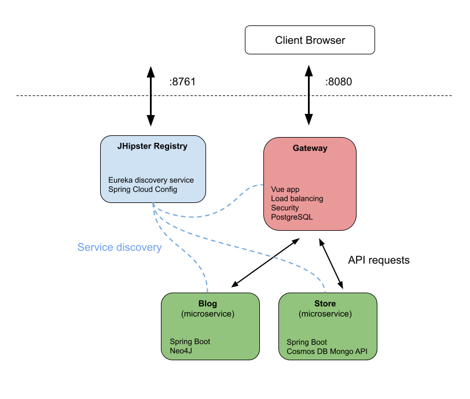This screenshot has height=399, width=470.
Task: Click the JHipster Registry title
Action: pyautogui.click(x=152, y=146)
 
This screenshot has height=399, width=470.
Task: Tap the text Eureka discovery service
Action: pyautogui.click(x=150, y=180)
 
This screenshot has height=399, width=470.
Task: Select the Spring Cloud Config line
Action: pyautogui.click(x=142, y=189)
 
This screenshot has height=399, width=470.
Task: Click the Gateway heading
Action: pyautogui.click(x=310, y=148)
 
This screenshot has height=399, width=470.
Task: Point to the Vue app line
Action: pyautogui.click(x=285, y=189)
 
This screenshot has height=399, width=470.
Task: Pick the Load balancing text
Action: pyautogui.click(x=297, y=198)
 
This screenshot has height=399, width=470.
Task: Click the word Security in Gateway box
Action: pyautogui.click(x=285, y=208)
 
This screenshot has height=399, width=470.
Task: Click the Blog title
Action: pyautogui.click(x=208, y=304)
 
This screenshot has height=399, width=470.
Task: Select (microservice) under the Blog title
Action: pyautogui.click(x=208, y=313)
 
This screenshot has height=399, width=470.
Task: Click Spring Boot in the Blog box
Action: pyautogui.click(x=190, y=342)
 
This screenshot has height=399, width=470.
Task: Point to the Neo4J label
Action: pyautogui.click(x=181, y=350)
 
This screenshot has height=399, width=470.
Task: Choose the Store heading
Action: pyautogui.click(x=325, y=304)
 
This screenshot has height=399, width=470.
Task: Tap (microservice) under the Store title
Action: pyautogui.click(x=325, y=313)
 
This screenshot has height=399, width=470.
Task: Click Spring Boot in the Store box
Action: pyautogui.click(x=307, y=342)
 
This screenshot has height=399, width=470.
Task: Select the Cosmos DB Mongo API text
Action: pyautogui.click(x=327, y=351)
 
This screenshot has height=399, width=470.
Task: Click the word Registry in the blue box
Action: pyautogui.click(x=171, y=146)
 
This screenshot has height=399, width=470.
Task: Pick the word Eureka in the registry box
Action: pyautogui.click(x=120, y=180)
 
